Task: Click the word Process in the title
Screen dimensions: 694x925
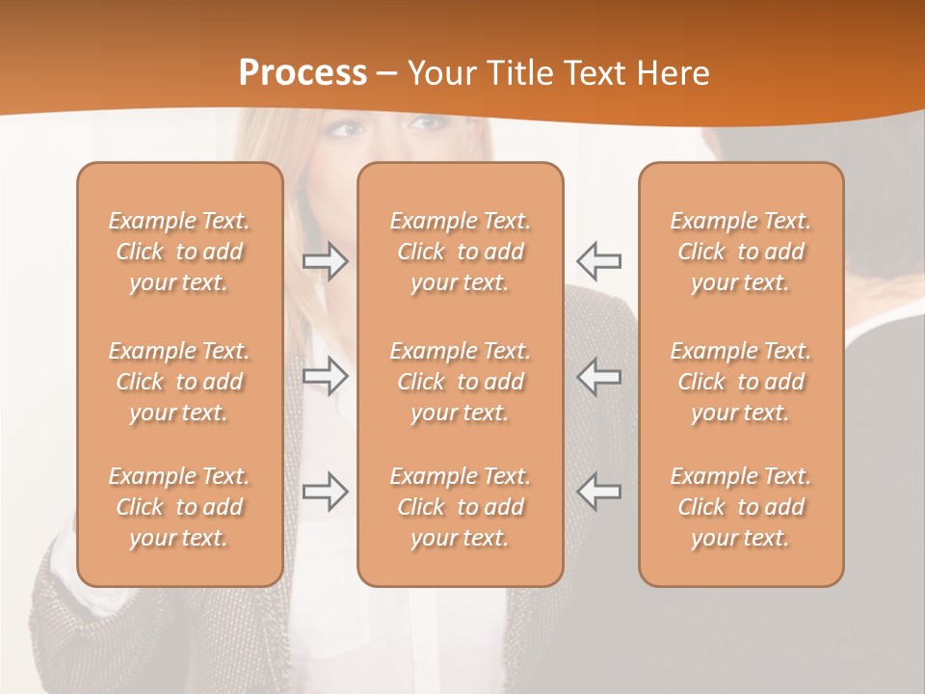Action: coord(303,72)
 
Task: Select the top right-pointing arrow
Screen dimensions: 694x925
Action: coord(326,260)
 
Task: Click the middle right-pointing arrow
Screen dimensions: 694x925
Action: coord(326,376)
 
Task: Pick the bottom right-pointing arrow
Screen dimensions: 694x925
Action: coord(326,492)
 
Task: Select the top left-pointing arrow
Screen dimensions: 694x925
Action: coord(598,260)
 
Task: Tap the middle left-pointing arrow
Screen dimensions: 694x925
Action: coord(598,376)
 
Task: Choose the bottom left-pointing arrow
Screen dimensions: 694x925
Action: coord(598,492)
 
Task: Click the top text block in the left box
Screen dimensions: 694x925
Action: coord(179,252)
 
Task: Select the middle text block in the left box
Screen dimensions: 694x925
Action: coord(179,382)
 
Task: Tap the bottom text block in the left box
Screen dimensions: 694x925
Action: coord(179,507)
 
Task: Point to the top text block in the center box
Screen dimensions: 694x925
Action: coord(461,252)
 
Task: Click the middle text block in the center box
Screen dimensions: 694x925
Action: coord(461,382)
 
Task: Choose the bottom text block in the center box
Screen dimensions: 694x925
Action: coord(461,507)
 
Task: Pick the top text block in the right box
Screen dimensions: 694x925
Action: coord(741,252)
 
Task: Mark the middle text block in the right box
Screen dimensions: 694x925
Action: coord(741,382)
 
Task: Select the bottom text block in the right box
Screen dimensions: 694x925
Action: coord(741,507)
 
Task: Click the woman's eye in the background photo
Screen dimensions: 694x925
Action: coord(353,128)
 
